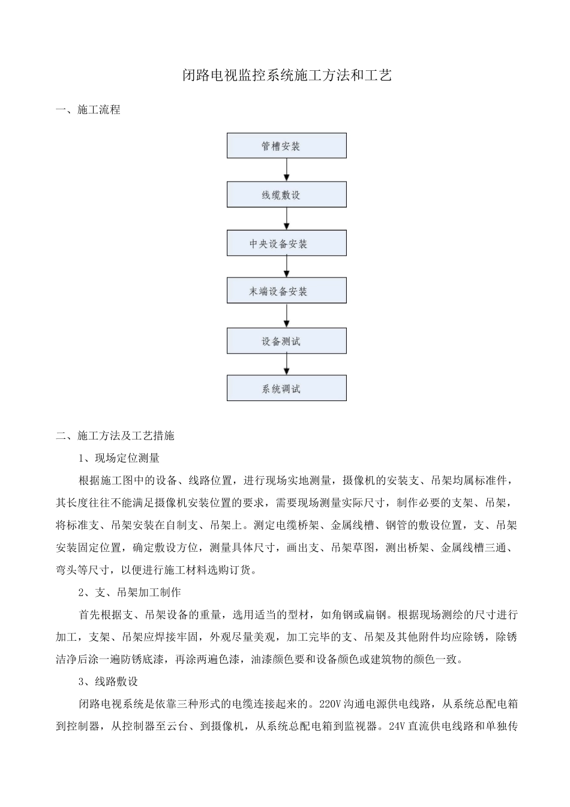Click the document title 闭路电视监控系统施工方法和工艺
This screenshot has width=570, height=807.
coord(287,75)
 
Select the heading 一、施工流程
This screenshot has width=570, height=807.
coord(88,109)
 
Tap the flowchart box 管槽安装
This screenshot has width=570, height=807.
coord(286,146)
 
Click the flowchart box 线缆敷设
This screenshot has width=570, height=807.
coord(286,195)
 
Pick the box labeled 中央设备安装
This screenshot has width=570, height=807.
coord(286,244)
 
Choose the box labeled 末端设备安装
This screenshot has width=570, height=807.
coord(286,291)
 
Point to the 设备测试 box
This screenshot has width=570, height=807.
coord(286,341)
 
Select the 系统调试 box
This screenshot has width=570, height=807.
coord(286,388)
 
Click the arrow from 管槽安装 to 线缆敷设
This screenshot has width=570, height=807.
coord(287,170)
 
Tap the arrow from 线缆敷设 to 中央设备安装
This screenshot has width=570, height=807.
coord(287,219)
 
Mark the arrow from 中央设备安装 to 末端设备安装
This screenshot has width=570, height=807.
coord(287,267)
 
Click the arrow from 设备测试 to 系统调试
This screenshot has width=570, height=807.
coord(287,364)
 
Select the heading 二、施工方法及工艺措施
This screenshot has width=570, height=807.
coord(115,435)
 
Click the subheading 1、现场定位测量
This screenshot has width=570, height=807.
coord(119,458)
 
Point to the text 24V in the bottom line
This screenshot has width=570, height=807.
coord(396,726)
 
